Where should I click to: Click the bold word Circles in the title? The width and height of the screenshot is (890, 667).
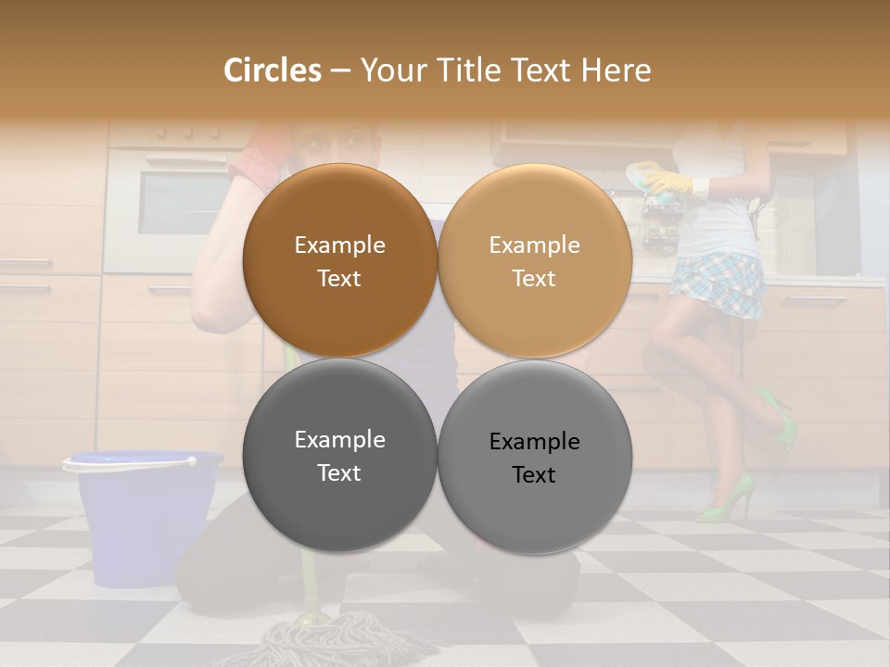tap(272, 70)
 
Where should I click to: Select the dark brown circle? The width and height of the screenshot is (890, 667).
tap(339, 260)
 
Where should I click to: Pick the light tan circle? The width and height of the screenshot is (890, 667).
tap(534, 260)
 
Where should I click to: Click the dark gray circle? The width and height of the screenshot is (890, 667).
tap(339, 455)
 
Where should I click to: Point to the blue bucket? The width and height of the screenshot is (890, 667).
tap(144, 519)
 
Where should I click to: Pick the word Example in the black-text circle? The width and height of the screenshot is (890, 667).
tap(534, 442)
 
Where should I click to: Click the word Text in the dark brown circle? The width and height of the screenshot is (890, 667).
tap(339, 278)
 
